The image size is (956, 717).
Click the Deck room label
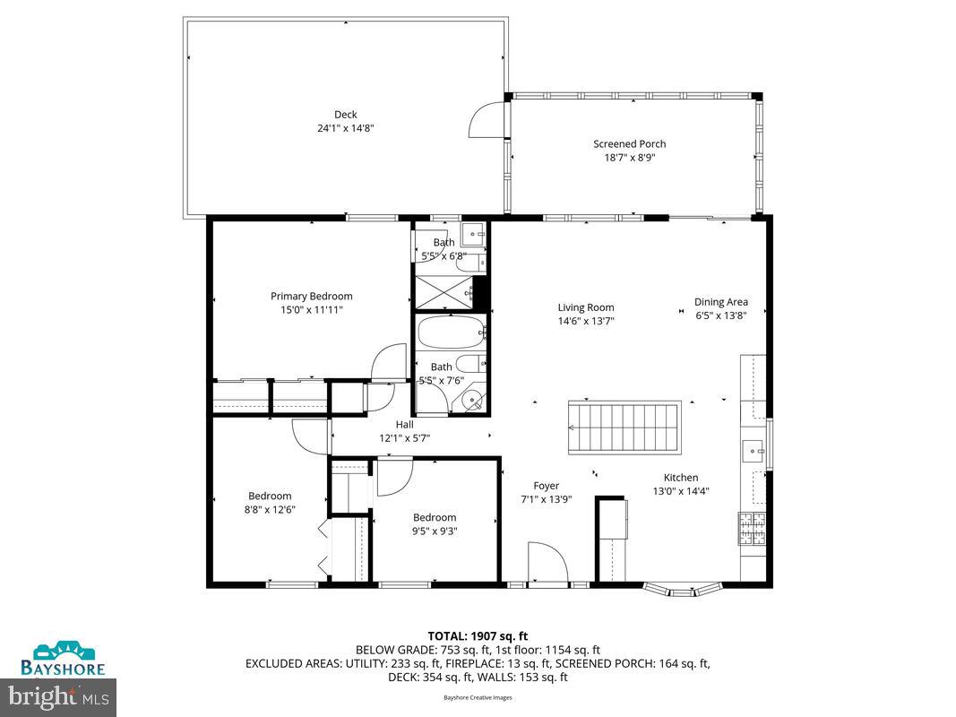pyautogui.click(x=346, y=114)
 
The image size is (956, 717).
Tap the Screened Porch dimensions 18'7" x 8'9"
pyautogui.click(x=629, y=158)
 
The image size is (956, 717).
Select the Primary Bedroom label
pyautogui.click(x=311, y=296)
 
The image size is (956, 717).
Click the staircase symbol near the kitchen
pyautogui.click(x=624, y=428)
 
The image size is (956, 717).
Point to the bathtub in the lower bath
pyautogui.click(x=450, y=333)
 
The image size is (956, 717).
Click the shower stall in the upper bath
pyautogui.click(x=442, y=291)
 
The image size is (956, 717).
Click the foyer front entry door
pyautogui.click(x=547, y=565)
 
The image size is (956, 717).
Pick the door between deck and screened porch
pyautogui.click(x=489, y=119)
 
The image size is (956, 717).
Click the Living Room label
pyautogui.click(x=586, y=307)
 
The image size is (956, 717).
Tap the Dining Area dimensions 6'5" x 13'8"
pyautogui.click(x=721, y=315)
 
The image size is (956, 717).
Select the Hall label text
pyautogui.click(x=405, y=424)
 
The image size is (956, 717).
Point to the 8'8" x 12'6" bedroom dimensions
pyautogui.click(x=270, y=509)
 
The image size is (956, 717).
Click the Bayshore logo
pyautogui.click(x=65, y=657)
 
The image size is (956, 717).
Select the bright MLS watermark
pyautogui.click(x=58, y=695)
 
